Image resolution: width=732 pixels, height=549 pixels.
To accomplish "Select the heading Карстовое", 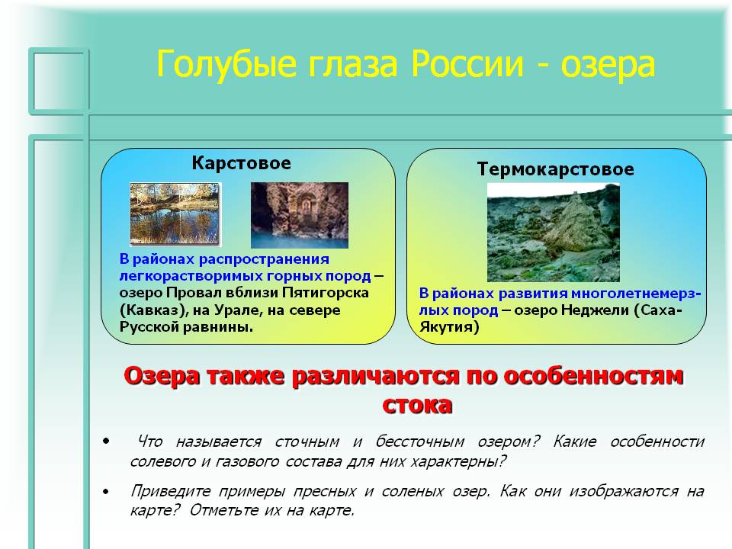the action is click(242, 163).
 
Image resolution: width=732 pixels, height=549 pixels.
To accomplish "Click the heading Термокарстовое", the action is click(556, 169).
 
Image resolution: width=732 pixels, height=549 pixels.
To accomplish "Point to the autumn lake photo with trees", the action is click(175, 213).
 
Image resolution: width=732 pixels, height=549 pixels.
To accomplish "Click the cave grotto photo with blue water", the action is click(300, 215).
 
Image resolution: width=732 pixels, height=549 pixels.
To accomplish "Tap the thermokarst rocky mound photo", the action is click(554, 233).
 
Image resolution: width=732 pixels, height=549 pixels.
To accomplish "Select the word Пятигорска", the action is click(325, 293).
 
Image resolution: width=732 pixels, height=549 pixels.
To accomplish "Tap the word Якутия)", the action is click(449, 327).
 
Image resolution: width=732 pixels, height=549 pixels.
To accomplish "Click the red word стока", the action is click(417, 405).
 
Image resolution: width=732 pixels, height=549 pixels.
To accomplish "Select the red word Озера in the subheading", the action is click(162, 376).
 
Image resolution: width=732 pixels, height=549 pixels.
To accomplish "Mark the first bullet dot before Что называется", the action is click(107, 441).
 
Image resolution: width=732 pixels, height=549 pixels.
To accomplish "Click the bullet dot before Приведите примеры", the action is click(107, 491).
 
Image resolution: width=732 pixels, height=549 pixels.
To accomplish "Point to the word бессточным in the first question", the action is click(419, 441).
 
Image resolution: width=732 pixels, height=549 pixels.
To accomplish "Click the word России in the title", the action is click(467, 64).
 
